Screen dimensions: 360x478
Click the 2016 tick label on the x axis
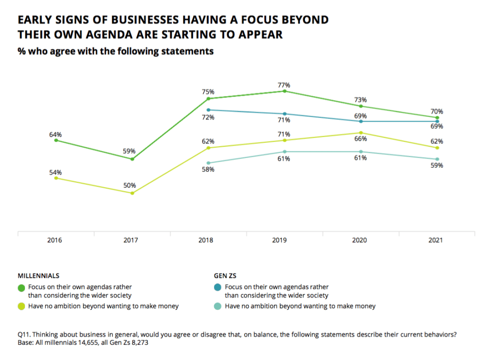pyautogui.click(x=55, y=240)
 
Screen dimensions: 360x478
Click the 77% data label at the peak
pyautogui.click(x=284, y=85)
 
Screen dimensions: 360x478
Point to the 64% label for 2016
pyautogui.click(x=55, y=134)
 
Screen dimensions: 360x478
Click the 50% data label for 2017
pyautogui.click(x=129, y=185)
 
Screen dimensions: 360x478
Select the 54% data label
pyautogui.click(x=55, y=172)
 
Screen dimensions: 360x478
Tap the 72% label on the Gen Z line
pyautogui.click(x=209, y=117)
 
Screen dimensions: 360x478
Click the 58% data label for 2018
pyautogui.click(x=209, y=170)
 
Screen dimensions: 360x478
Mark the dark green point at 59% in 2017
pyautogui.click(x=132, y=159)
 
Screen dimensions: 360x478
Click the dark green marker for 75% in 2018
pyautogui.click(x=208, y=99)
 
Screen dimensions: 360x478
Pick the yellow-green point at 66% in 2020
pyautogui.click(x=361, y=133)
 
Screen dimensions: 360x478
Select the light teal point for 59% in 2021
pyautogui.click(x=437, y=159)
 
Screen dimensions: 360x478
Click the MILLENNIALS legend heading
pyautogui.click(x=39, y=276)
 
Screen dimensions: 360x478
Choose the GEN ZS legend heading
pyautogui.click(x=225, y=276)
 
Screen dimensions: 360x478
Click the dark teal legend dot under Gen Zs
pyautogui.click(x=218, y=287)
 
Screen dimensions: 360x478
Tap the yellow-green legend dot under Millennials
pyautogui.click(x=21, y=306)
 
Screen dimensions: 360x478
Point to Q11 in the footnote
pyautogui.click(x=24, y=335)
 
